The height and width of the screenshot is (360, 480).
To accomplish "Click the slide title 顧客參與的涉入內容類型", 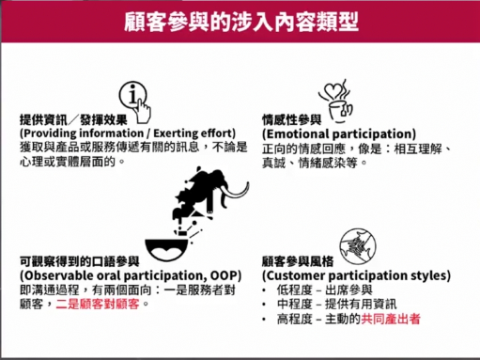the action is click(241, 23).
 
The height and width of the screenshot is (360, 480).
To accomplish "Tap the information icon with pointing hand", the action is click(135, 102).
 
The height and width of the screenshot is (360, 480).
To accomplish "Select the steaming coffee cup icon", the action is click(336, 102).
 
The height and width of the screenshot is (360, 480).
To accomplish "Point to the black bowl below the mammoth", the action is click(166, 249).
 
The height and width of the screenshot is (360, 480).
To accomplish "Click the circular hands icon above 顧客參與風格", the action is click(358, 247).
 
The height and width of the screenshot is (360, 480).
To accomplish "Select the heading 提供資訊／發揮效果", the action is click(73, 119).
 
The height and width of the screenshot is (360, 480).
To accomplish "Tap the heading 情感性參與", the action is click(292, 119).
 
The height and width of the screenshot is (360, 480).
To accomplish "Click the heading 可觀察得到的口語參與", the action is click(80, 261).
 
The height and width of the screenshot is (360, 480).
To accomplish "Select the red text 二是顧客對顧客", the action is click(98, 304).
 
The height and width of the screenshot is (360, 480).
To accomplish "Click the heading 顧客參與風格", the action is click(298, 261).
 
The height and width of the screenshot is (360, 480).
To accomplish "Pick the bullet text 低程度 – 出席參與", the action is click(325, 290).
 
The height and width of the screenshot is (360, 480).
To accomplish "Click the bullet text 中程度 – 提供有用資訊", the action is click(336, 304).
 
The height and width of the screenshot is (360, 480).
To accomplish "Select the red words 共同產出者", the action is click(391, 319).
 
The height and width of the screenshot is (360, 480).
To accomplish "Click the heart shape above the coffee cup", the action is click(332, 91).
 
